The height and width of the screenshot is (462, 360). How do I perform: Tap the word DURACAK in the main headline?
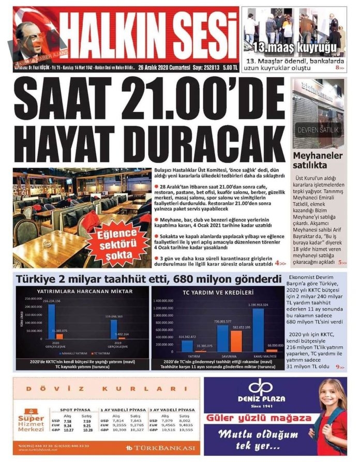coord(199,139)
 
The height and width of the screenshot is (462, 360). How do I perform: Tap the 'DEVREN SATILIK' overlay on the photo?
coord(317,130)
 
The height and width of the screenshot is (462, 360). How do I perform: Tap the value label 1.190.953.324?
coord(259,304)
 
